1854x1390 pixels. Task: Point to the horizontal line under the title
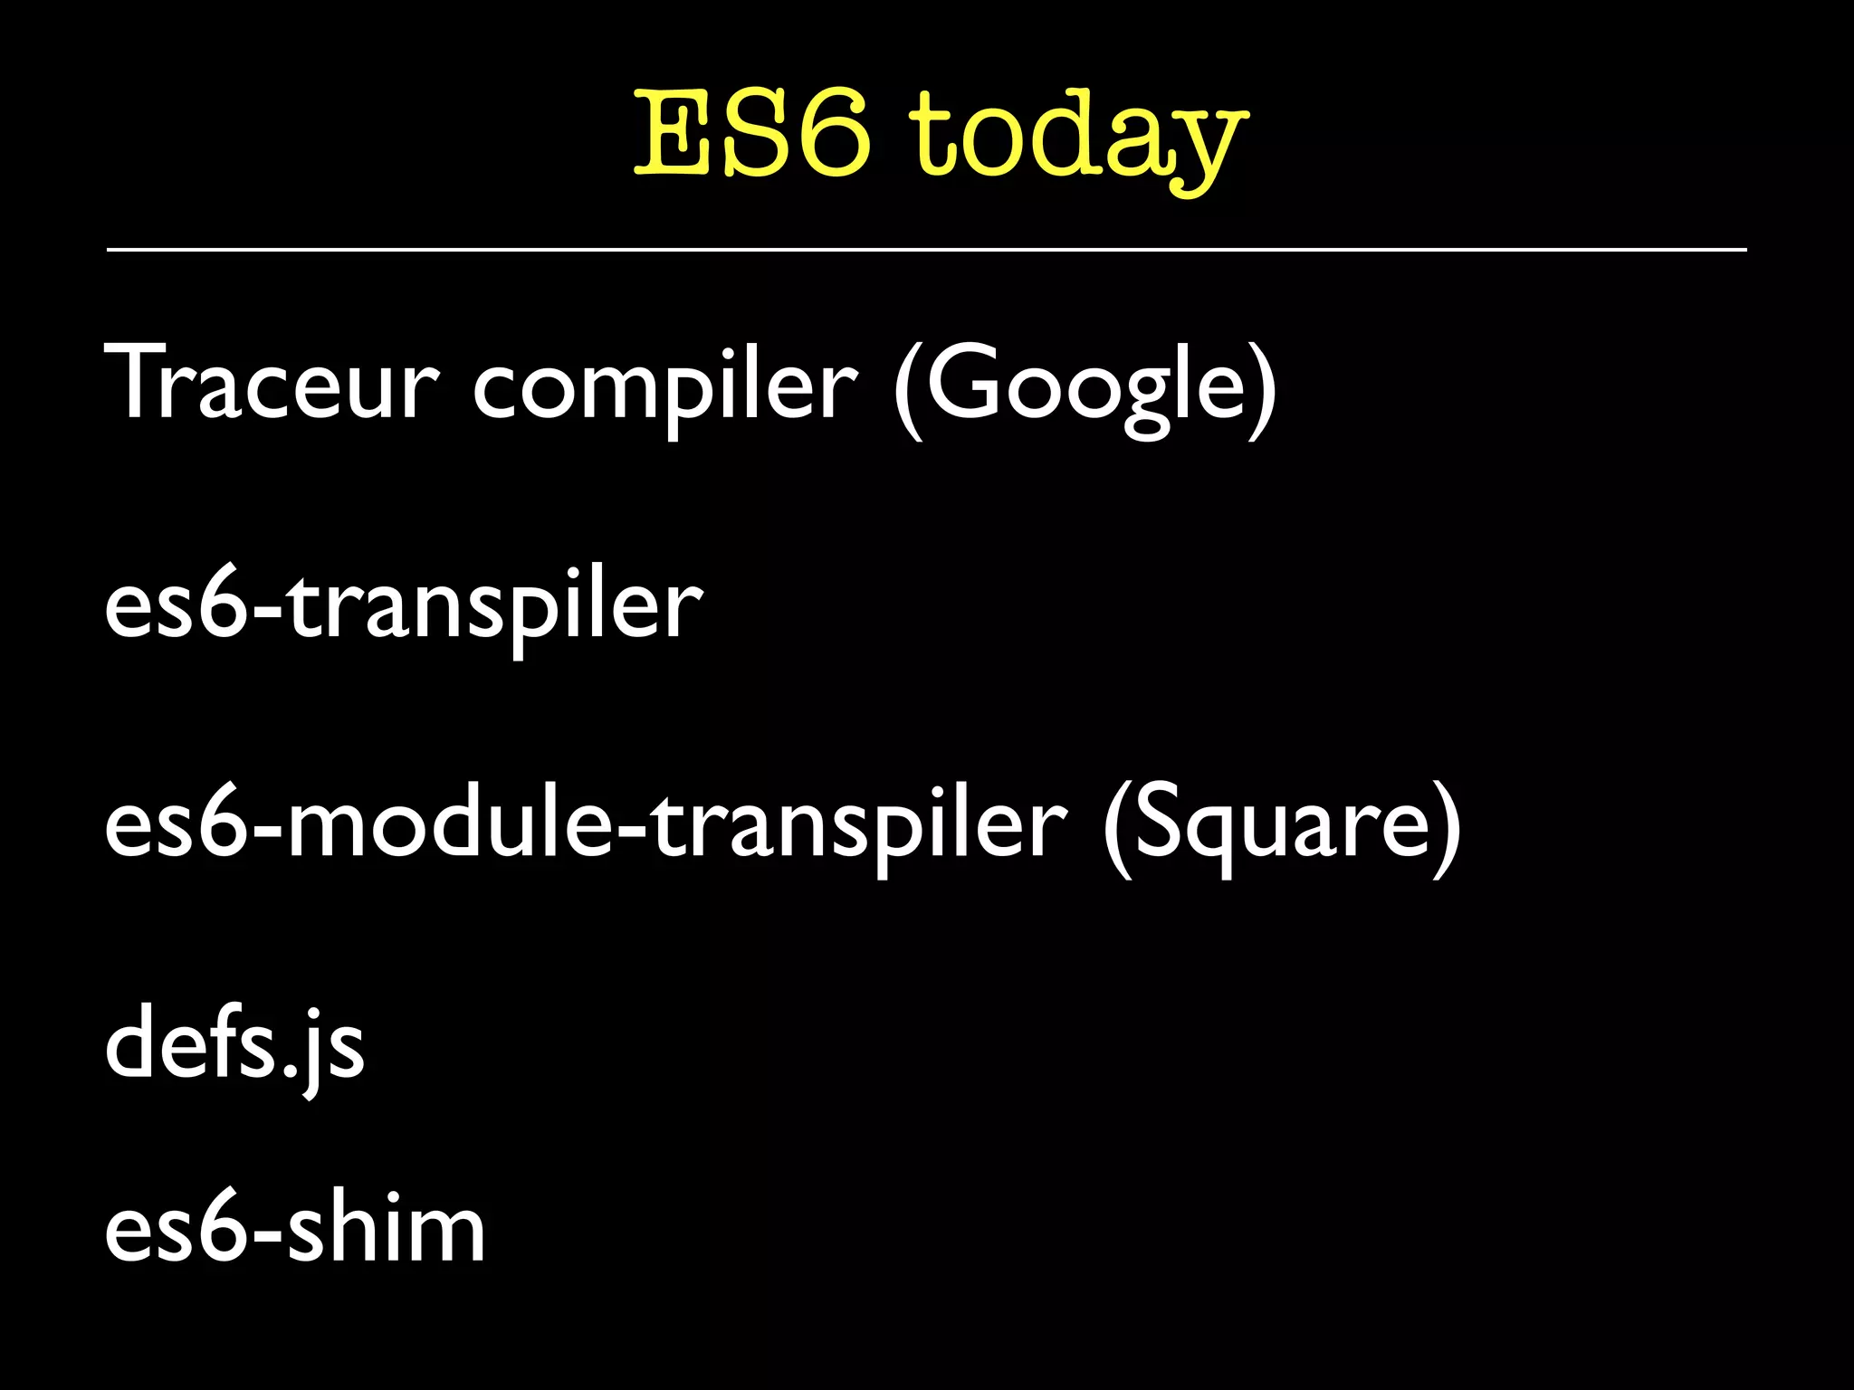coord(926,249)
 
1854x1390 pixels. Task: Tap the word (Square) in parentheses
coord(1281,825)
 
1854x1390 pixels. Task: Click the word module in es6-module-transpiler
coord(453,825)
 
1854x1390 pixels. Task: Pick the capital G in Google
coord(964,383)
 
